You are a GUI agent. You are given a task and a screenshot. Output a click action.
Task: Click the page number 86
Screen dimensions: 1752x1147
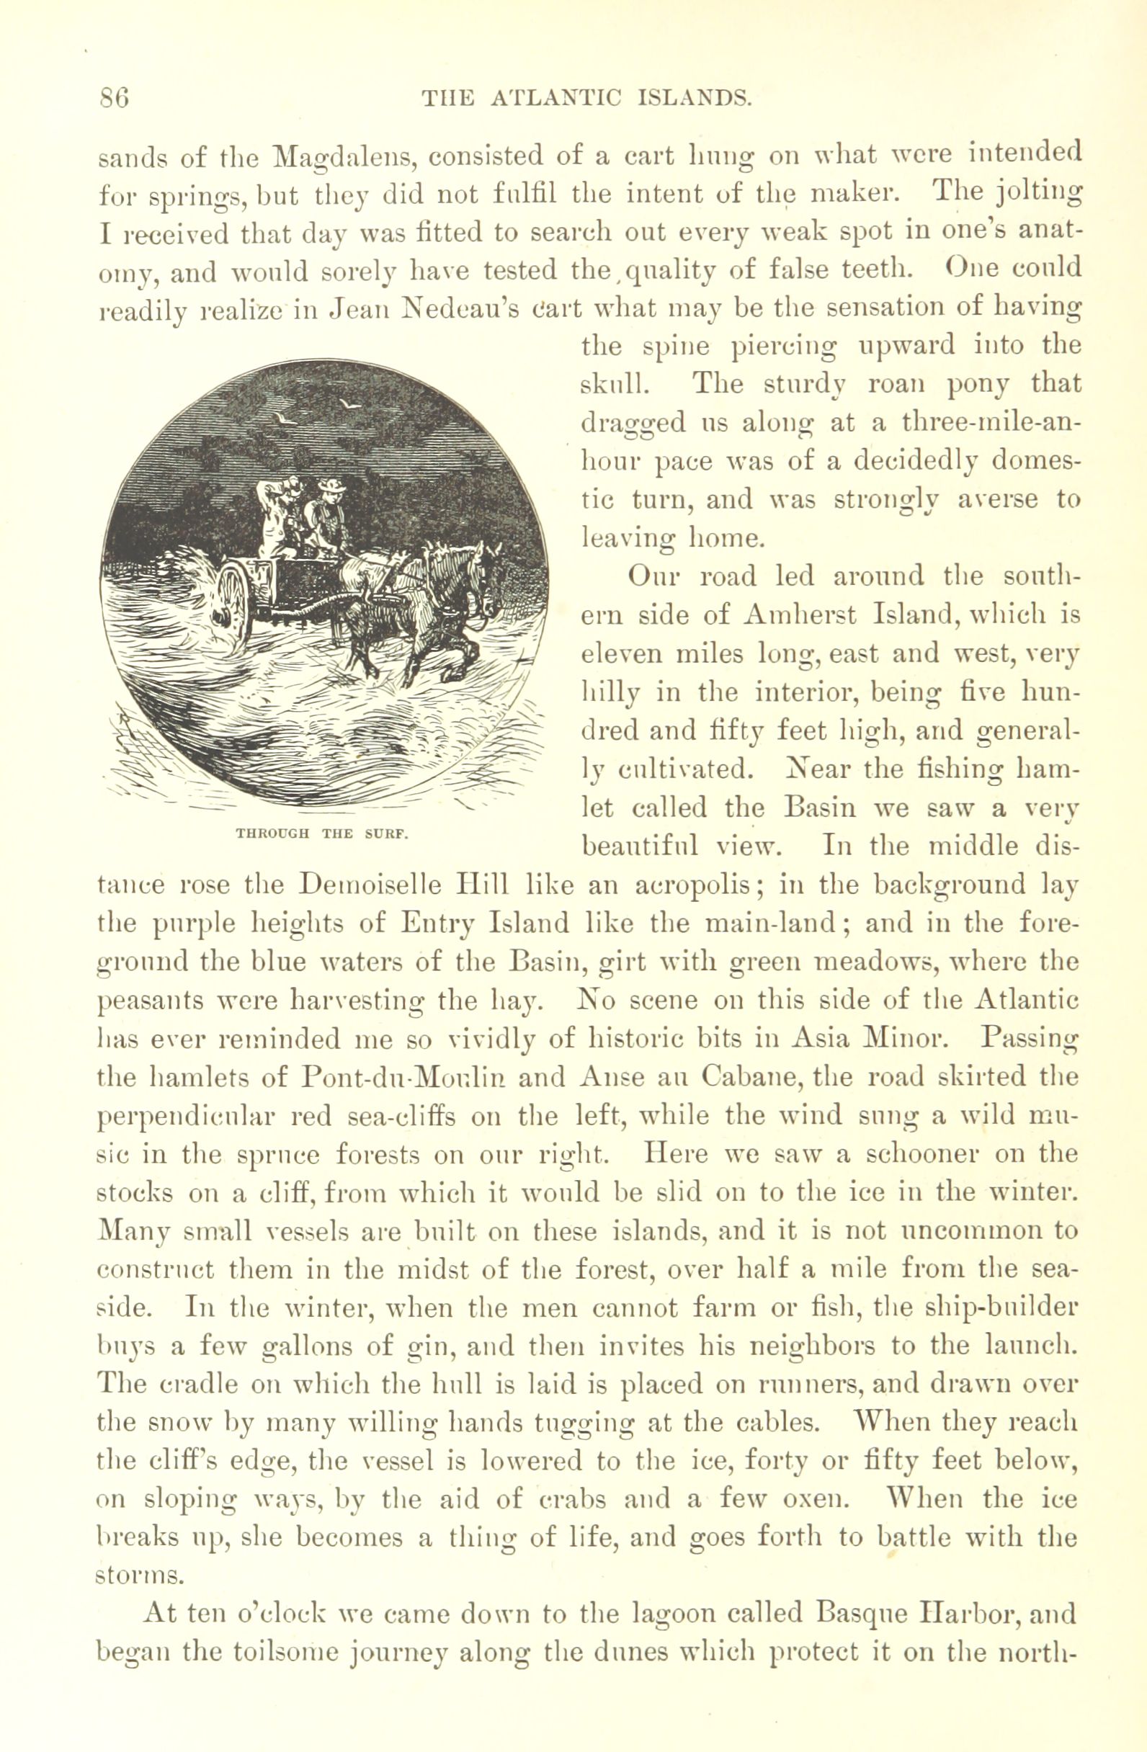coord(114,98)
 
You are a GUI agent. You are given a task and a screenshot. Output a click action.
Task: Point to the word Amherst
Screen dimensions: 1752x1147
coord(791,614)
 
